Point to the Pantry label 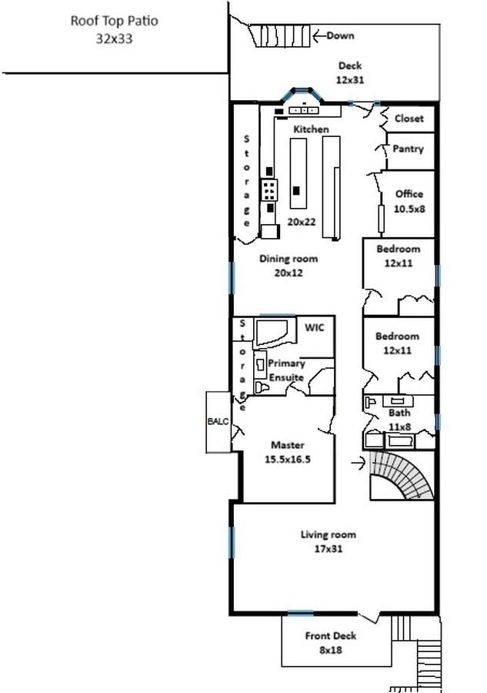pyautogui.click(x=408, y=149)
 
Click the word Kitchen pyautogui.click(x=310, y=129)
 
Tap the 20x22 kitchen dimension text pyautogui.click(x=301, y=221)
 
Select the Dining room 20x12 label pyautogui.click(x=288, y=266)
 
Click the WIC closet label pyautogui.click(x=315, y=327)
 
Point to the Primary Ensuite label pyautogui.click(x=287, y=370)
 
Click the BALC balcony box pyautogui.click(x=218, y=422)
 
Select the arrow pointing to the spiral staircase pyautogui.click(x=358, y=463)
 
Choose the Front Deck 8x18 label pyautogui.click(x=330, y=642)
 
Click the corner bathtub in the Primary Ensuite pyautogui.click(x=272, y=333)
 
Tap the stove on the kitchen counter pyautogui.click(x=269, y=188)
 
